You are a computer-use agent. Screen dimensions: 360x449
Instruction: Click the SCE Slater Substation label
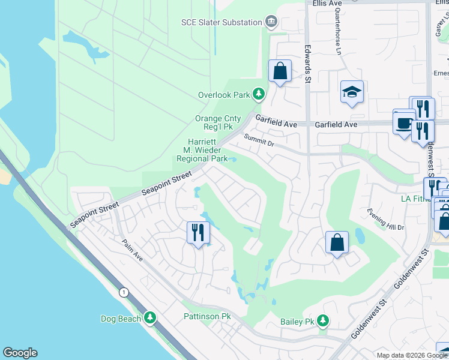[x=221, y=22]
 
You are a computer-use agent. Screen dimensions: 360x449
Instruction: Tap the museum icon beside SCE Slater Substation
[x=271, y=22]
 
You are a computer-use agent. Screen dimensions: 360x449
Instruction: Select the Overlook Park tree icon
[x=259, y=94]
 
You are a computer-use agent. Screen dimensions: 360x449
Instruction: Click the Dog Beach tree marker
[x=150, y=319]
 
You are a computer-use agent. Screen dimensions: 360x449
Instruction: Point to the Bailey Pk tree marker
[x=324, y=321]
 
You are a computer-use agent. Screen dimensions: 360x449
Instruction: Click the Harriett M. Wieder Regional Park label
[x=202, y=151]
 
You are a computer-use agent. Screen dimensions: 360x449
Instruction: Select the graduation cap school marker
[x=352, y=92]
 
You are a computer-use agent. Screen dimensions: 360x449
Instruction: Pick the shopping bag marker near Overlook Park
[x=280, y=71]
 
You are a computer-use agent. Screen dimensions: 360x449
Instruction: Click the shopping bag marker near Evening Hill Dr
[x=337, y=242]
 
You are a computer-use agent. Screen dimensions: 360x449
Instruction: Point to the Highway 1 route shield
[x=124, y=292]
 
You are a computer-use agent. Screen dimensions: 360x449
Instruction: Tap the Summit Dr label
[x=259, y=140]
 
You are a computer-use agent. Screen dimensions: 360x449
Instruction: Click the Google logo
[x=20, y=353]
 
